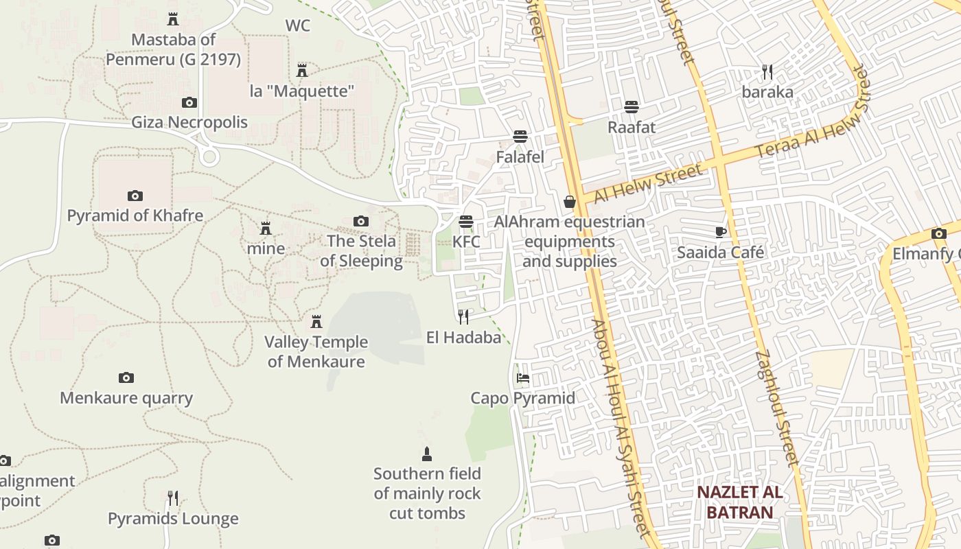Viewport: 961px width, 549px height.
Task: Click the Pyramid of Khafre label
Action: (135, 215)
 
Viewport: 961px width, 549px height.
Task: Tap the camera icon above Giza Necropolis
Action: (189, 103)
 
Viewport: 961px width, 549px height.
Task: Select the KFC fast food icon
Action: (466, 222)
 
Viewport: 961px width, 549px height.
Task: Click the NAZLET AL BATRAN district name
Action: (740, 502)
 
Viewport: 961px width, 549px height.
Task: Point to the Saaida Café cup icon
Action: (720, 232)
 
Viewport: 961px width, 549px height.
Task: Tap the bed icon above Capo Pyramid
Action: (523, 378)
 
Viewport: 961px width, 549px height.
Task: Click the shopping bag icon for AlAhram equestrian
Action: (569, 202)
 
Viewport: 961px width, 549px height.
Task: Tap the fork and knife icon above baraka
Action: (767, 71)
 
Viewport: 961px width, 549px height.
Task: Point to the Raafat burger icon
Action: (632, 107)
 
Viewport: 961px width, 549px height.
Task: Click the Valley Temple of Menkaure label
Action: (316, 351)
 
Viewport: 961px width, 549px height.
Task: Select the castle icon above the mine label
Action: (266, 228)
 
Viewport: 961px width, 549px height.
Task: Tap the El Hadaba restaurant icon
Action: (463, 316)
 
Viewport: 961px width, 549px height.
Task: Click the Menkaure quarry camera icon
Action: (126, 377)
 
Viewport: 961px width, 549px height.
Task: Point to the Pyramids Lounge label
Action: (173, 519)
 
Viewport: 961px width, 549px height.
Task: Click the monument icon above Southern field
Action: (427, 454)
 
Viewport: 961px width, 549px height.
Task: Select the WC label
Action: (298, 26)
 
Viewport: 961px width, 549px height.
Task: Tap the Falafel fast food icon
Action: (520, 137)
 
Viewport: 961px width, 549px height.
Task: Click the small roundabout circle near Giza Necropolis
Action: (209, 156)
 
